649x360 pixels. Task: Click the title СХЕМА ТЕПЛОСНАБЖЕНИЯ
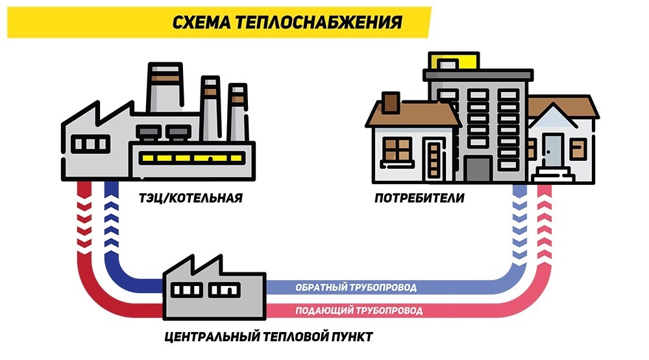point(286,23)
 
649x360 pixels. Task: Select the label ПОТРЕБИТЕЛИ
point(419,197)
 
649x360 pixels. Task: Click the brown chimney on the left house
point(391,102)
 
